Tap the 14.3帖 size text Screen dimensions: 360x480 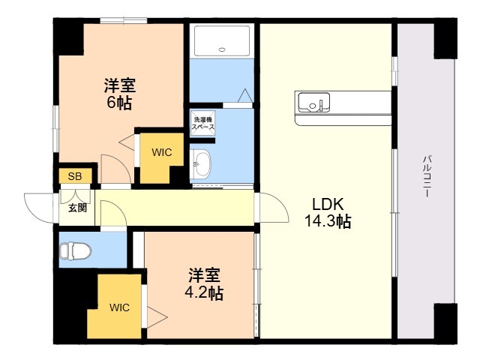pos(328,221)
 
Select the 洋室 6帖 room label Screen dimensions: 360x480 pos(119,94)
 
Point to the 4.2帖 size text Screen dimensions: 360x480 pos(205,292)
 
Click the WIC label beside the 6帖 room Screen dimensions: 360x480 pos(162,152)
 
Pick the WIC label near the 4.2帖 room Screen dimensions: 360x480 pos(118,307)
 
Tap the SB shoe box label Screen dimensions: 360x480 pos(75,177)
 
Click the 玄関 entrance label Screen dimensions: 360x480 pos(77,207)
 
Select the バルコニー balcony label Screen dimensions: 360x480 pos(426,176)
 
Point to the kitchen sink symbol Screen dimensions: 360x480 pos(313,100)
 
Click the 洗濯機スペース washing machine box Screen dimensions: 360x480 pos(203,124)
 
